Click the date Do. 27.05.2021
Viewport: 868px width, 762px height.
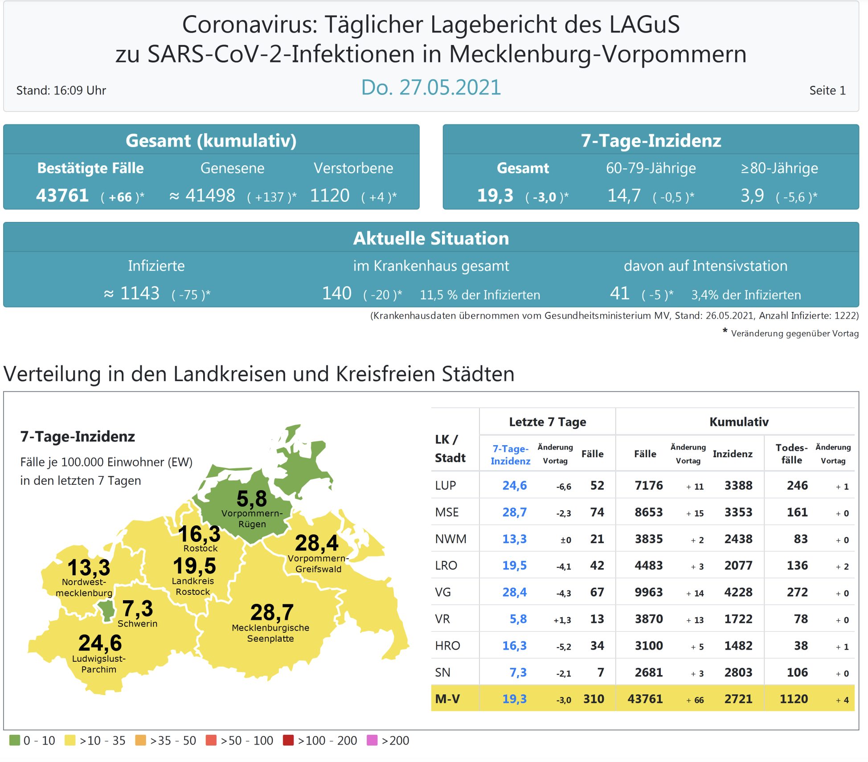[x=430, y=87]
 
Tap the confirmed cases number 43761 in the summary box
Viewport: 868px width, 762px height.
[x=62, y=196]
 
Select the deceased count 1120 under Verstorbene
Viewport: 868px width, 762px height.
[x=330, y=196]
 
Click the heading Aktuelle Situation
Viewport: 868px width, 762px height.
[x=430, y=238]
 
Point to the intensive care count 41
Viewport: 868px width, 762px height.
[x=619, y=293]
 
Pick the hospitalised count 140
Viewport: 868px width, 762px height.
[x=337, y=293]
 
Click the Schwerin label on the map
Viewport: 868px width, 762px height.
[x=137, y=623]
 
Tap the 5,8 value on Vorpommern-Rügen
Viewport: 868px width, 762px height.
[x=252, y=499]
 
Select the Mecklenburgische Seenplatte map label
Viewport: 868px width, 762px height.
[x=270, y=633]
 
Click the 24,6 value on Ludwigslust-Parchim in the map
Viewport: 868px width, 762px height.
[x=100, y=643]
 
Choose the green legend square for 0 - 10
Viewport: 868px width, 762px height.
[x=15, y=740]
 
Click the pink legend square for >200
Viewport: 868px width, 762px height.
[x=372, y=740]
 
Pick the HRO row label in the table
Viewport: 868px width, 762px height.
[x=447, y=646]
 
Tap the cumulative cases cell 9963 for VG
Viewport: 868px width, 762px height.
[x=649, y=592]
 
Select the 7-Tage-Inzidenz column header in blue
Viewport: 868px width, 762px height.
[x=510, y=455]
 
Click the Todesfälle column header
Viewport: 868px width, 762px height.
[x=791, y=454]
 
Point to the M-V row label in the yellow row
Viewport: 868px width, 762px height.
[x=447, y=699]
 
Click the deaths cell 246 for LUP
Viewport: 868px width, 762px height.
[x=797, y=485]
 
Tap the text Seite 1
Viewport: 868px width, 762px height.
[x=827, y=90]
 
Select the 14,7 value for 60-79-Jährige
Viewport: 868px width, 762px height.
[x=624, y=196]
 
